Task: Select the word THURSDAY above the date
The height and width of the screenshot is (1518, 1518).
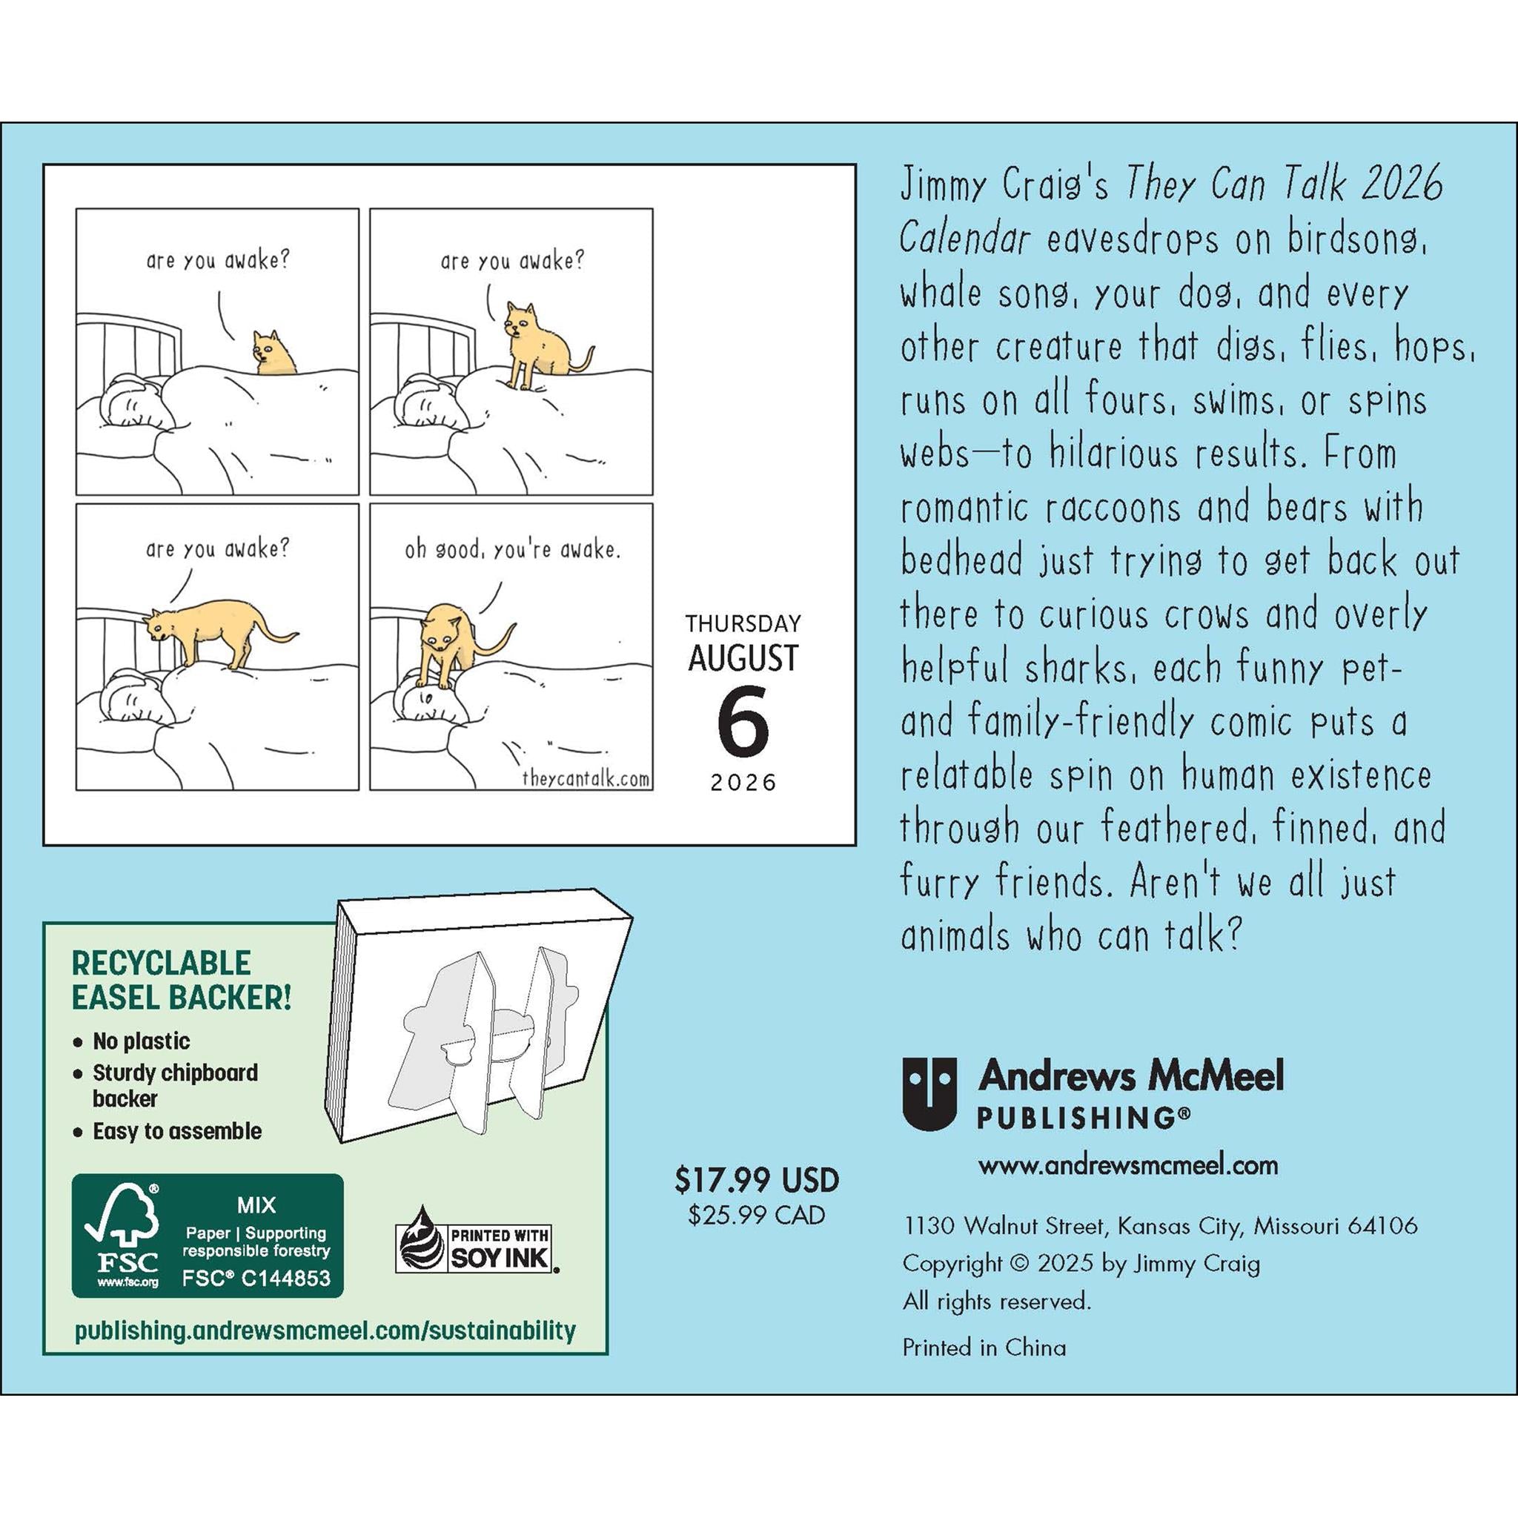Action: [x=743, y=624]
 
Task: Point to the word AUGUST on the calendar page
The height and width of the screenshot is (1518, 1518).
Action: [x=743, y=658]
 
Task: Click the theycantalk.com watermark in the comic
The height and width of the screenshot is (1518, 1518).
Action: [x=586, y=779]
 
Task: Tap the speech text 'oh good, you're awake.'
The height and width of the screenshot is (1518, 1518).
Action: [x=512, y=550]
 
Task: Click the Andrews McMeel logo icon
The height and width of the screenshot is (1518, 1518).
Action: [x=929, y=1093]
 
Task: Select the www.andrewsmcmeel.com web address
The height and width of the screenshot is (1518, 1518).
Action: [x=1127, y=1164]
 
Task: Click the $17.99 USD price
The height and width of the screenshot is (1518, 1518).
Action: [x=757, y=1180]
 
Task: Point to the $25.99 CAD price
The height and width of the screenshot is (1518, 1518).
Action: [x=757, y=1216]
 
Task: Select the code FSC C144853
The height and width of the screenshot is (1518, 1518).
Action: [x=256, y=1279]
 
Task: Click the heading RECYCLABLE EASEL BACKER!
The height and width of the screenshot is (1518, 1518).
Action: [x=182, y=980]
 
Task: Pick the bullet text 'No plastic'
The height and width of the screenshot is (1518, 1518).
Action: [x=142, y=1041]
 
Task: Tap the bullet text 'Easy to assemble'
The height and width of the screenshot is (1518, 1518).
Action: [x=177, y=1131]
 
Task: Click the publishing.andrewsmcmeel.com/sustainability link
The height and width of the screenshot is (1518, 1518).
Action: [x=325, y=1330]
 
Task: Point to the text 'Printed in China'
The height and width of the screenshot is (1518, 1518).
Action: [x=984, y=1348]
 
